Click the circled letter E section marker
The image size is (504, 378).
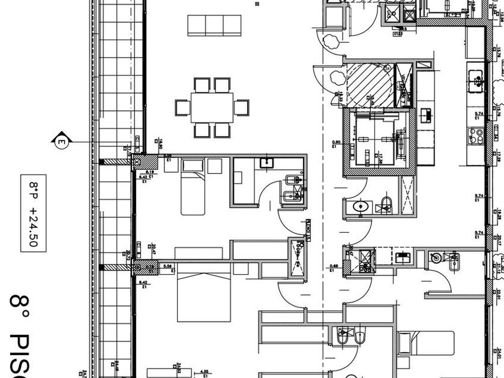pyautogui.click(x=61, y=142)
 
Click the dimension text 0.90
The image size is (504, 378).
pyautogui.click(x=335, y=143)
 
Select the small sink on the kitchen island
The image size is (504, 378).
pyautogui.click(x=428, y=113)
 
